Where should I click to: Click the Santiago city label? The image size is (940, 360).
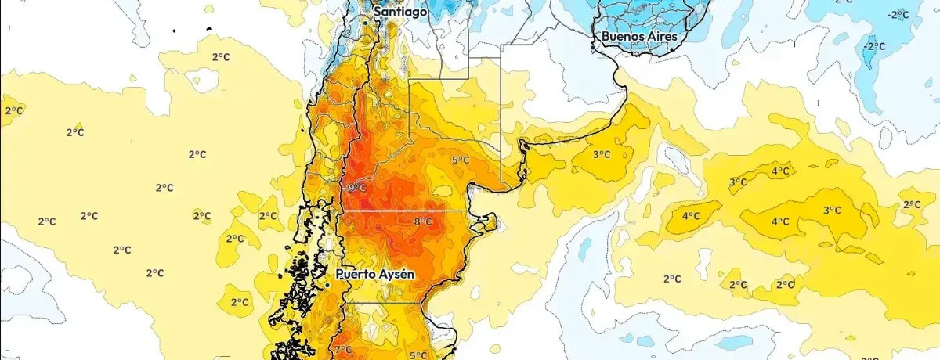click(x=400, y=12)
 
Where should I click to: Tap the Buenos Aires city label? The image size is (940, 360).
click(x=639, y=36)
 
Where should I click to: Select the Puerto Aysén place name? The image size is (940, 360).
click(x=374, y=275)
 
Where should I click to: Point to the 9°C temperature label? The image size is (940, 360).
click(x=356, y=188)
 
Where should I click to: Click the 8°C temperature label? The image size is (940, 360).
click(x=423, y=221)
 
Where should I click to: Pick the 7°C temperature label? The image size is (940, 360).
click(x=342, y=349)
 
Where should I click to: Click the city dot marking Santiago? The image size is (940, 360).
click(x=365, y=23)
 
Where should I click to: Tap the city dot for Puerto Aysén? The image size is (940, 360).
click(x=327, y=286)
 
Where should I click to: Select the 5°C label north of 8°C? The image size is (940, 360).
click(x=461, y=160)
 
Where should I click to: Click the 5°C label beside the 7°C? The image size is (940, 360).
click(x=418, y=355)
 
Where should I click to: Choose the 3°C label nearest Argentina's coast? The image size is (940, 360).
click(x=601, y=155)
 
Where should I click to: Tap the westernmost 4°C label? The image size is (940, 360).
click(x=690, y=216)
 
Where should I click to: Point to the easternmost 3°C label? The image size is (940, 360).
click(x=832, y=210)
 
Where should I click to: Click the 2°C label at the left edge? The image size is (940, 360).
click(x=13, y=110)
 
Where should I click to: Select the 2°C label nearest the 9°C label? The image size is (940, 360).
click(x=268, y=216)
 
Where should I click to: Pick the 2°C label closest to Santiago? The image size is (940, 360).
click(x=221, y=56)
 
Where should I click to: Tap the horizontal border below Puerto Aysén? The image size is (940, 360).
click(x=384, y=302)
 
